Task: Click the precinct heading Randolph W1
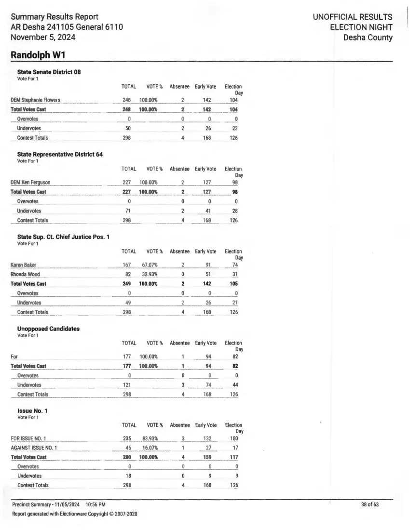point(38,55)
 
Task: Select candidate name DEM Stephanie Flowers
point(35,100)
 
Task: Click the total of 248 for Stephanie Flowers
point(127,100)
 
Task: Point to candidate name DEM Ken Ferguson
point(30,183)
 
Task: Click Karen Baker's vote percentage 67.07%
point(150,265)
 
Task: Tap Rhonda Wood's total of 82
point(128,275)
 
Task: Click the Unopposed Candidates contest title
point(48,329)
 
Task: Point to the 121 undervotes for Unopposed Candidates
point(127,385)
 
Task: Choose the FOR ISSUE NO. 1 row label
point(28,439)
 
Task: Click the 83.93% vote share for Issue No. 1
point(150,439)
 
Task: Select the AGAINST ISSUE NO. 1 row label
point(34,448)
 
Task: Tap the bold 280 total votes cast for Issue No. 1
point(128,457)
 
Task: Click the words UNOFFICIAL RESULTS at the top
point(352,17)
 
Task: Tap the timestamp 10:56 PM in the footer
point(96,504)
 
